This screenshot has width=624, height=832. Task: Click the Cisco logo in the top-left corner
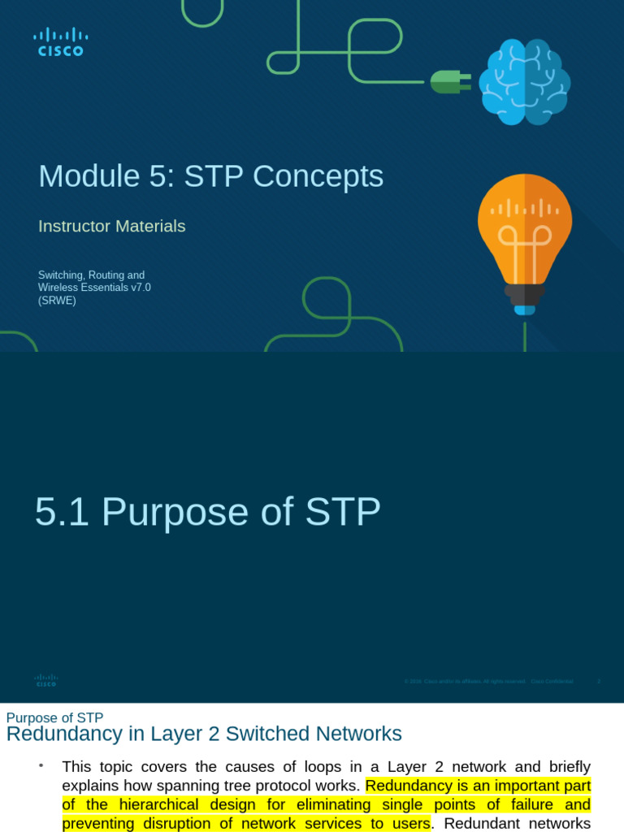tap(61, 42)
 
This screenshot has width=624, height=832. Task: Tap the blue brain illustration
tap(524, 82)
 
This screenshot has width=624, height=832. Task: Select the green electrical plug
tap(450, 81)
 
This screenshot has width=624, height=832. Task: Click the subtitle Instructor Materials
tap(112, 226)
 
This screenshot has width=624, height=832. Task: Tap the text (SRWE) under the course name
tap(57, 301)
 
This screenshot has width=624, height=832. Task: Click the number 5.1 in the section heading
tap(62, 512)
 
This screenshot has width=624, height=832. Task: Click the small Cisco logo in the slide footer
tap(46, 681)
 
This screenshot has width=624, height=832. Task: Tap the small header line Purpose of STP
tap(54, 717)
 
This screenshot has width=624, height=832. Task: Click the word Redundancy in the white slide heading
tap(56, 734)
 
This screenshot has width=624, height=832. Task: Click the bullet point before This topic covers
tap(40, 766)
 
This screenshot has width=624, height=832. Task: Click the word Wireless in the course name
tap(61, 288)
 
